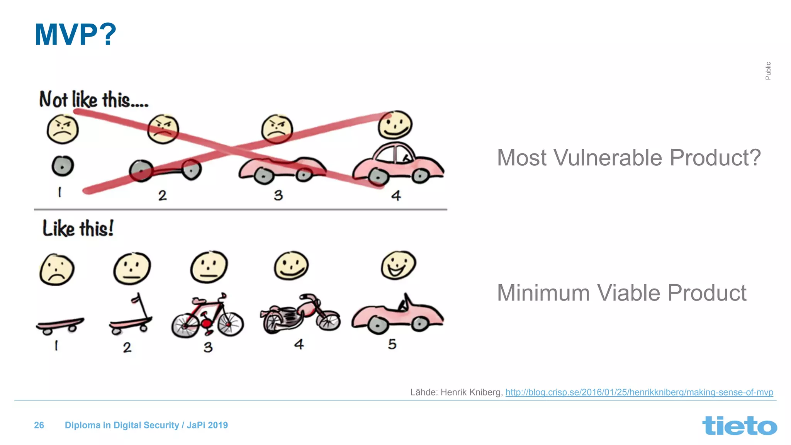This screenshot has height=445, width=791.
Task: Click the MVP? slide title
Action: pos(75,35)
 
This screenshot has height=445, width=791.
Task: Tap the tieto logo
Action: pos(739,426)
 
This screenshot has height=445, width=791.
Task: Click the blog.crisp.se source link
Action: pos(639,392)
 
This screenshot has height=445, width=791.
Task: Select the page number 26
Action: pos(39,425)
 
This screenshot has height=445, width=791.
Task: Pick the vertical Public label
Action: pos(768,71)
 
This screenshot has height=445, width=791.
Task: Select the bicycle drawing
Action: pos(208,316)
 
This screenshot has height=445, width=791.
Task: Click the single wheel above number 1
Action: pos(63,166)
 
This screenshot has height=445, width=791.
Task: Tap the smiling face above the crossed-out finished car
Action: pos(395,125)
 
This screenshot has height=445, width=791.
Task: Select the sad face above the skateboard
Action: pos(57,270)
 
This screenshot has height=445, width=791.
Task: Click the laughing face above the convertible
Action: pos(398,265)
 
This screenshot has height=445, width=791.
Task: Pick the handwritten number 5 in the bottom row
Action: pos(392,344)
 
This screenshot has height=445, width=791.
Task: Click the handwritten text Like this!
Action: pos(78,228)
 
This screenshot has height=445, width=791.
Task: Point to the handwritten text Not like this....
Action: pos(93,100)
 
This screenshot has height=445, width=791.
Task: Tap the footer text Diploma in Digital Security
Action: pos(122,425)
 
